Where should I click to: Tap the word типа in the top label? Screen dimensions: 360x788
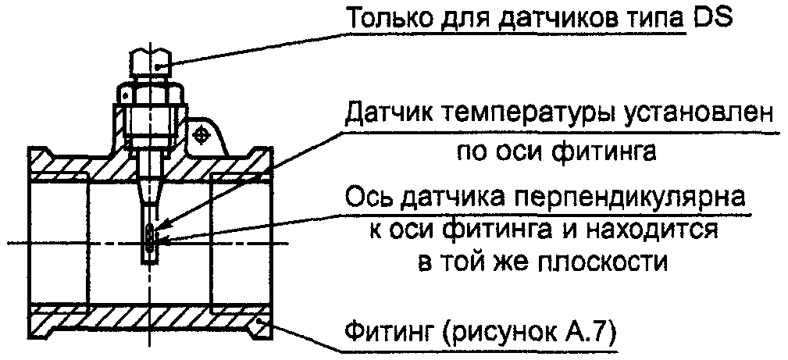click(654, 17)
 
